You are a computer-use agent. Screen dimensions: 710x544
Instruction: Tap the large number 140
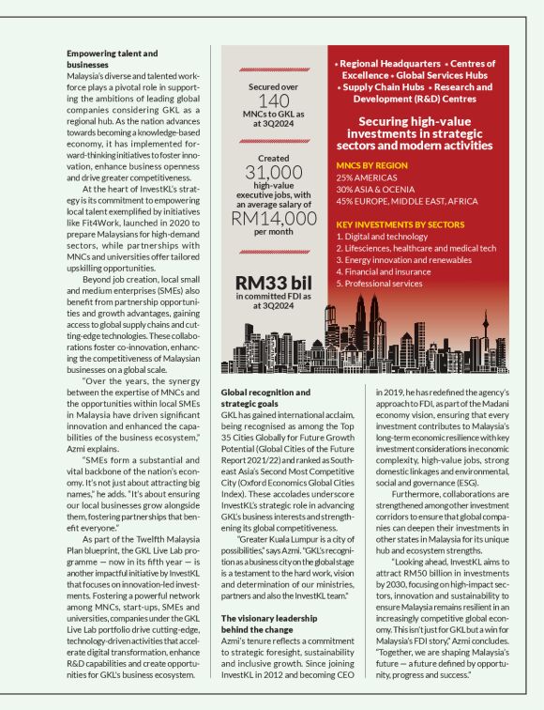pyautogui.click(x=273, y=101)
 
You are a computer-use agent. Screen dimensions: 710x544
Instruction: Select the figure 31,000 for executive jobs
pyautogui.click(x=273, y=172)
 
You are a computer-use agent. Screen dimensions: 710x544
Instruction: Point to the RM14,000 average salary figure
pyautogui.click(x=273, y=218)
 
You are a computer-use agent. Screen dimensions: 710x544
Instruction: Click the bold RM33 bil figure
pyautogui.click(x=273, y=284)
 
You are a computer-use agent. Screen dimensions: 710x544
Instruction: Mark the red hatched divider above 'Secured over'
pyautogui.click(x=273, y=69)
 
